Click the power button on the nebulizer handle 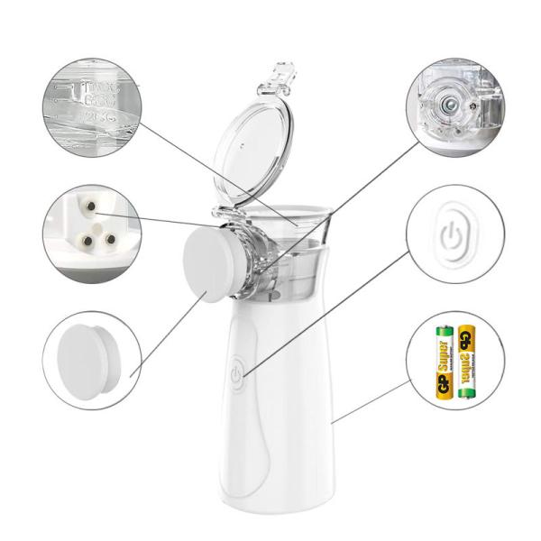pyautogui.click(x=236, y=372)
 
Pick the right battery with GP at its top pyautogui.click(x=466, y=360)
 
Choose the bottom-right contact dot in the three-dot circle pyautogui.click(x=109, y=239)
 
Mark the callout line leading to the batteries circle pyautogui.click(x=370, y=401)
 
